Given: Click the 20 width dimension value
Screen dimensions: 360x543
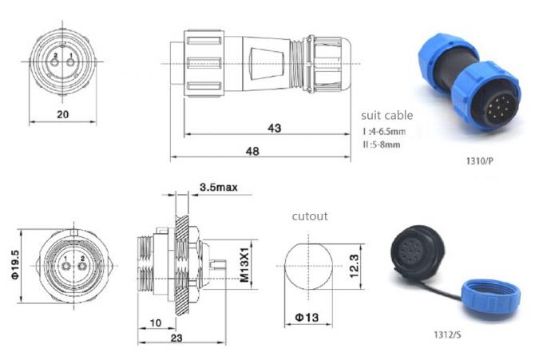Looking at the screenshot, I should [63, 114].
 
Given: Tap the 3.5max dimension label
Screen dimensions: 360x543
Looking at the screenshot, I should [217, 189].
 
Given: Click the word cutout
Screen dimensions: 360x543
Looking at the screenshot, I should [309, 216].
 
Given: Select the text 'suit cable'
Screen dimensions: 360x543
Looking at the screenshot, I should [387, 115].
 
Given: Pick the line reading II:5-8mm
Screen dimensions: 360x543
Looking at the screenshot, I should [382, 144].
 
